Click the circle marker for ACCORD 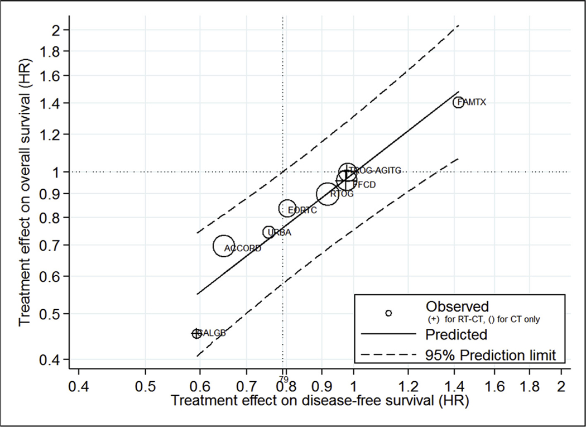pos(224,246)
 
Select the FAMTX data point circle pos(458,102)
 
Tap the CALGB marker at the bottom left pos(196,333)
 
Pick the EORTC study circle pos(287,209)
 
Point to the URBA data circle pos(269,232)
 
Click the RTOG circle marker pos(328,194)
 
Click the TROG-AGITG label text pos(376,170)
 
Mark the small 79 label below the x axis pos(284,380)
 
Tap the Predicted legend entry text pos(456,334)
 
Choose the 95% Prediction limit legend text pos(491,354)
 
